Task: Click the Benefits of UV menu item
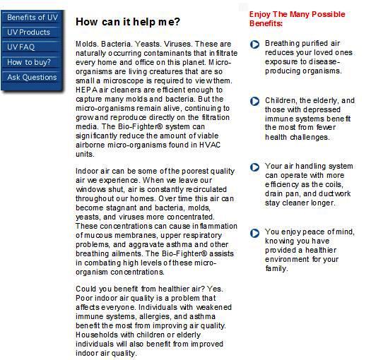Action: (x=33, y=17)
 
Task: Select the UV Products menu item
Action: (x=29, y=32)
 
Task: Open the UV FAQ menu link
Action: (x=20, y=47)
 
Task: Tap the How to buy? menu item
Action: (x=29, y=62)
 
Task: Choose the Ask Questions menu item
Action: (x=32, y=77)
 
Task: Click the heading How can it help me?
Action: (x=128, y=22)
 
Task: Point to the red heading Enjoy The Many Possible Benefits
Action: (x=297, y=18)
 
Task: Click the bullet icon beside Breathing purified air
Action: (x=255, y=44)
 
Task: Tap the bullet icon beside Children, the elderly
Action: (x=255, y=102)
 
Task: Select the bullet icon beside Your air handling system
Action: (x=255, y=167)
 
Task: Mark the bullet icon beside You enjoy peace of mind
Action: (x=255, y=233)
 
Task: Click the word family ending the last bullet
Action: (x=276, y=268)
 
